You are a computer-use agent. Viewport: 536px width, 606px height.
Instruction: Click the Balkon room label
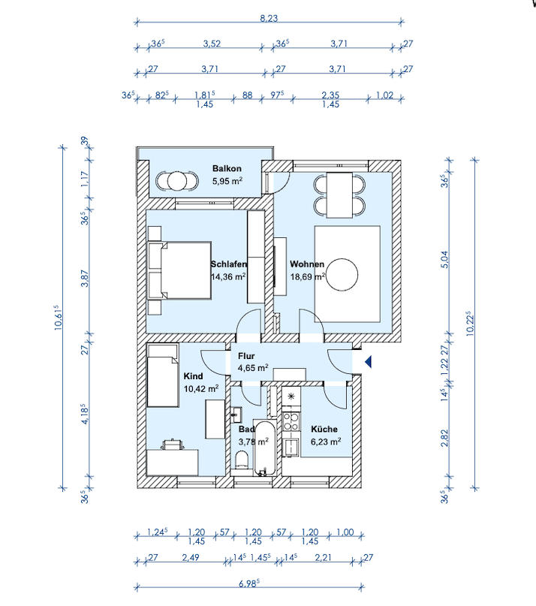coord(226,169)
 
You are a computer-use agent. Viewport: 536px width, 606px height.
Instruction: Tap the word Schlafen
coord(229,264)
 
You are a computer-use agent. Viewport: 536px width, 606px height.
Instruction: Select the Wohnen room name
coord(307,264)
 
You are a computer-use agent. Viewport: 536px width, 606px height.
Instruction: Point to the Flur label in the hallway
coord(247,357)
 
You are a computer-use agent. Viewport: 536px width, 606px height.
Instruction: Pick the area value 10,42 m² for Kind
coord(201,388)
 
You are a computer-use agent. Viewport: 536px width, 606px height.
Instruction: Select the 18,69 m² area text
coord(307,276)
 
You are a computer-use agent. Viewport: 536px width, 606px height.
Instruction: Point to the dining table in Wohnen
coord(342,193)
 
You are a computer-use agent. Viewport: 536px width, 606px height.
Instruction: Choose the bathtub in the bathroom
coord(263,447)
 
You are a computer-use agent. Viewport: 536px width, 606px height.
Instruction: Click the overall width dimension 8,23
coord(269,20)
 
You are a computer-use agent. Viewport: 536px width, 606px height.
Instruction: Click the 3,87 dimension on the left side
coord(86,277)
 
